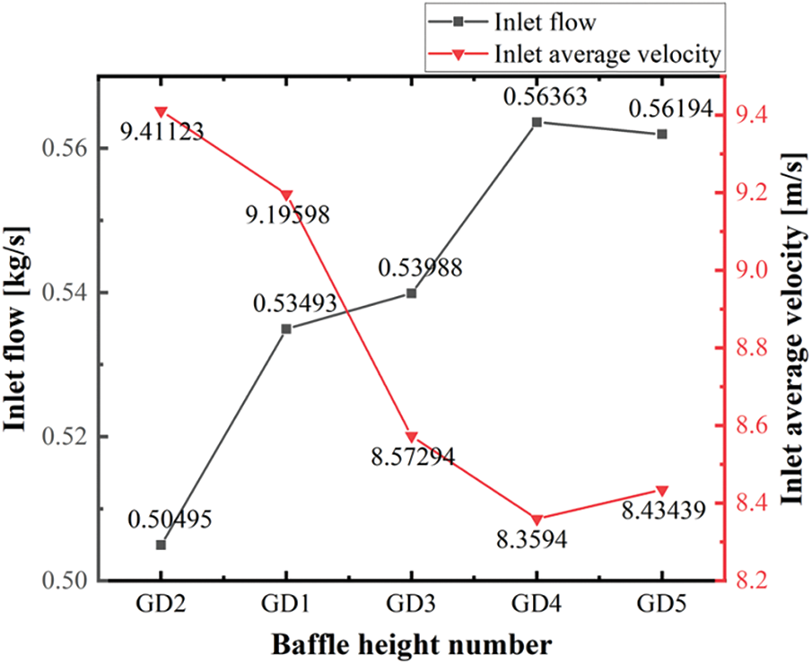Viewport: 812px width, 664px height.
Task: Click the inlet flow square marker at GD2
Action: click(x=162, y=545)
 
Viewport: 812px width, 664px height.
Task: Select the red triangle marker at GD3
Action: click(x=412, y=437)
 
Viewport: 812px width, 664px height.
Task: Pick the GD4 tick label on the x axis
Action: click(x=537, y=605)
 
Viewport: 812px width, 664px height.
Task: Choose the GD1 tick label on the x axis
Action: click(x=286, y=605)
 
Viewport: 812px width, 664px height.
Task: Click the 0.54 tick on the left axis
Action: click(x=65, y=293)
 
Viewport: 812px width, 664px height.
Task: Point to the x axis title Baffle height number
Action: click(x=412, y=644)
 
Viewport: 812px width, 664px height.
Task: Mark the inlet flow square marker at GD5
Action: click(x=662, y=134)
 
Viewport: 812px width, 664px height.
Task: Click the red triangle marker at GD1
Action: click(x=286, y=195)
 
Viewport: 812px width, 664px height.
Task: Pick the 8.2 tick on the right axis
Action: click(x=753, y=580)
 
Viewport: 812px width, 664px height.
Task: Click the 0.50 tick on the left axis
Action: click(x=65, y=581)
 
